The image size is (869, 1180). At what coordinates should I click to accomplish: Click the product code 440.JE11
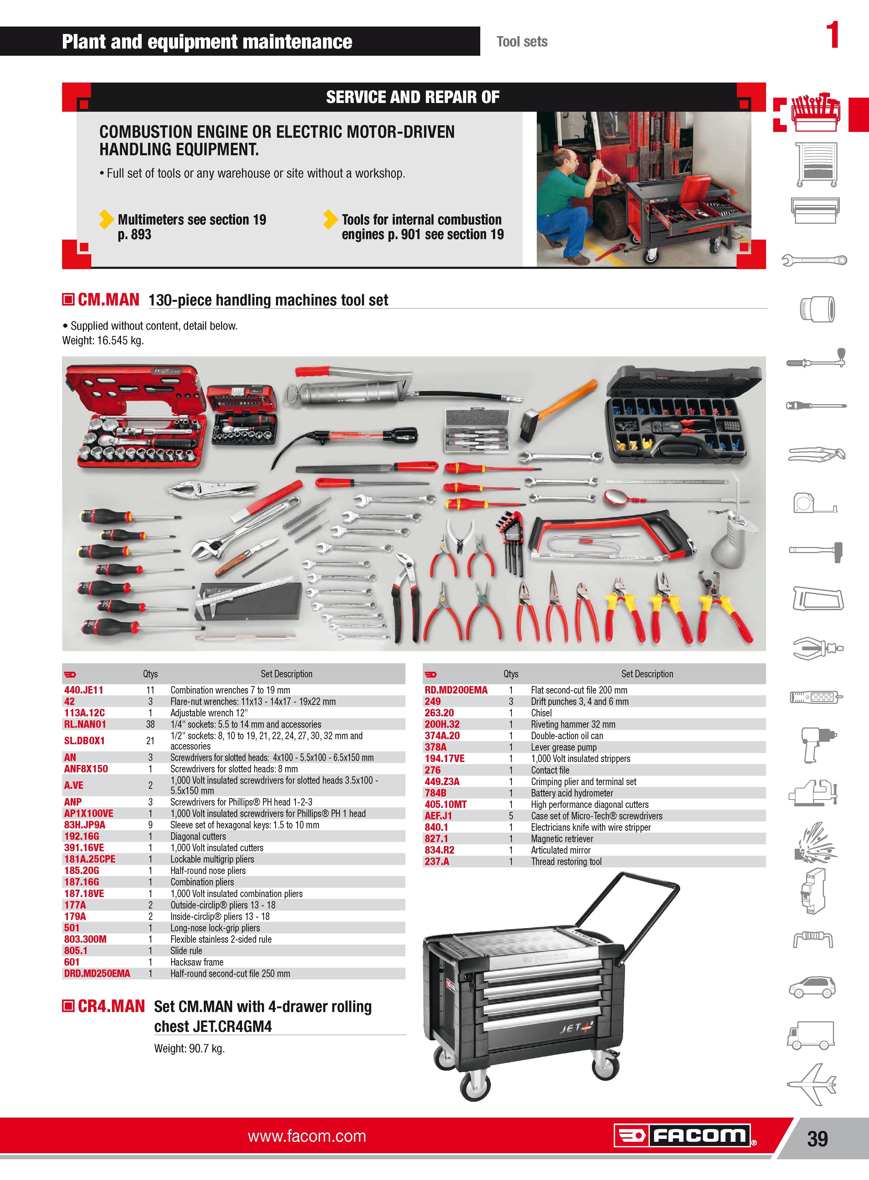click(x=84, y=690)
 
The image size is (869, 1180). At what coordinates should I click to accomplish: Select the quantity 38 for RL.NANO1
click(x=150, y=724)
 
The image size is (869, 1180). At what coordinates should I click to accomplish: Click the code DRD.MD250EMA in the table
click(x=97, y=973)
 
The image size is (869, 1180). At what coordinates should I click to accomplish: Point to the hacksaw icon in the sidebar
click(x=818, y=598)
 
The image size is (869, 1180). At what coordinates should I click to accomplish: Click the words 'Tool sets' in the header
click(x=522, y=42)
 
